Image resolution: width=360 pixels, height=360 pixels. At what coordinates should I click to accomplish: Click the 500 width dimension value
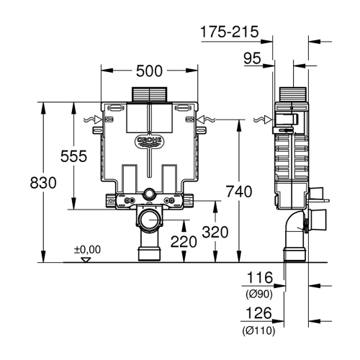[x=150, y=71]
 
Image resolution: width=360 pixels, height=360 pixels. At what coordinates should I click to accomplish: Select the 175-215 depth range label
[x=228, y=32]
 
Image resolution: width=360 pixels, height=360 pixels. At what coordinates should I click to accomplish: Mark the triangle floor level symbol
[x=86, y=258]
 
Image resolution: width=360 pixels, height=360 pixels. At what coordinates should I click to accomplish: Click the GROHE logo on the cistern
[x=150, y=138]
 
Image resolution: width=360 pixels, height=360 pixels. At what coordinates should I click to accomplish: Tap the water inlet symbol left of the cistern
[x=94, y=119]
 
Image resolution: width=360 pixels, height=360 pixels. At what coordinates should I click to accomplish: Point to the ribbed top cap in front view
[x=150, y=94]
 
